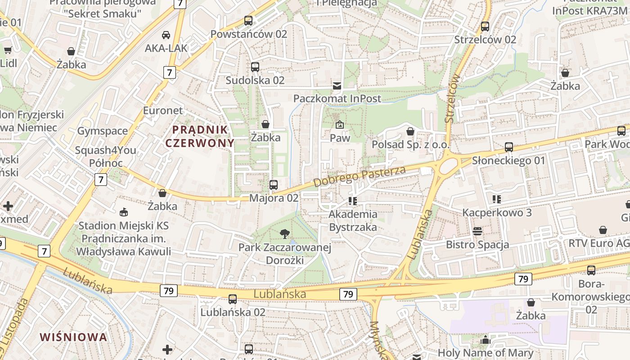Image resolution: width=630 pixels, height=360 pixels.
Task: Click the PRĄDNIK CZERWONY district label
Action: tap(200, 136)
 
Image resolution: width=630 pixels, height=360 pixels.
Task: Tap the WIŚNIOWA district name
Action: tap(73, 337)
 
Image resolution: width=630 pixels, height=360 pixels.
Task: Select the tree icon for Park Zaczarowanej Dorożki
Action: tap(284, 234)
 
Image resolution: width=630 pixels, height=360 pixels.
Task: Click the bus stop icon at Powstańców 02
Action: tap(248, 20)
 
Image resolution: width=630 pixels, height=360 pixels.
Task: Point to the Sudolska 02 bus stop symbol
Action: tap(255, 67)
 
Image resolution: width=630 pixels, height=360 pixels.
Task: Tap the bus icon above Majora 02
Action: tap(273, 184)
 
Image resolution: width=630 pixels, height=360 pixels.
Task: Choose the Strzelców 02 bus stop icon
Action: tap(485, 26)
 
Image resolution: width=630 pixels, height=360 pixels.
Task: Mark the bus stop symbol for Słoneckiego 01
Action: tap(508, 147)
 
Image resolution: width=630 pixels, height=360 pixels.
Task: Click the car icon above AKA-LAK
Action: tap(166, 35)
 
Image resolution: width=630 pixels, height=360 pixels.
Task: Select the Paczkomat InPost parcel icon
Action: tap(337, 85)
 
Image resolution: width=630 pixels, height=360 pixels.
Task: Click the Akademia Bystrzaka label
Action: tap(353, 220)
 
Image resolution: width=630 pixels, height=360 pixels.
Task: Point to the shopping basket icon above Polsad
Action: tap(410, 131)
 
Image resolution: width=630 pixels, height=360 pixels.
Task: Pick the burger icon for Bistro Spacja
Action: tap(477, 231)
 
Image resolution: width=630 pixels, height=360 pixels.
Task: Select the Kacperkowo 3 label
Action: tap(497, 212)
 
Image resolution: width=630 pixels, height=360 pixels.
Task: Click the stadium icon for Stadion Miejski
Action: tap(123, 211)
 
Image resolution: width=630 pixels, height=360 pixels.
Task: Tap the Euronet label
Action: tap(163, 111)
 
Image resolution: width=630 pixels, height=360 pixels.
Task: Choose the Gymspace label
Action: tap(103, 131)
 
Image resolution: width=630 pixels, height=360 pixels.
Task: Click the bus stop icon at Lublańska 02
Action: tap(233, 299)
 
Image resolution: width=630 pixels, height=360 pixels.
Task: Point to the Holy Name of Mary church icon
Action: tap(485, 340)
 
